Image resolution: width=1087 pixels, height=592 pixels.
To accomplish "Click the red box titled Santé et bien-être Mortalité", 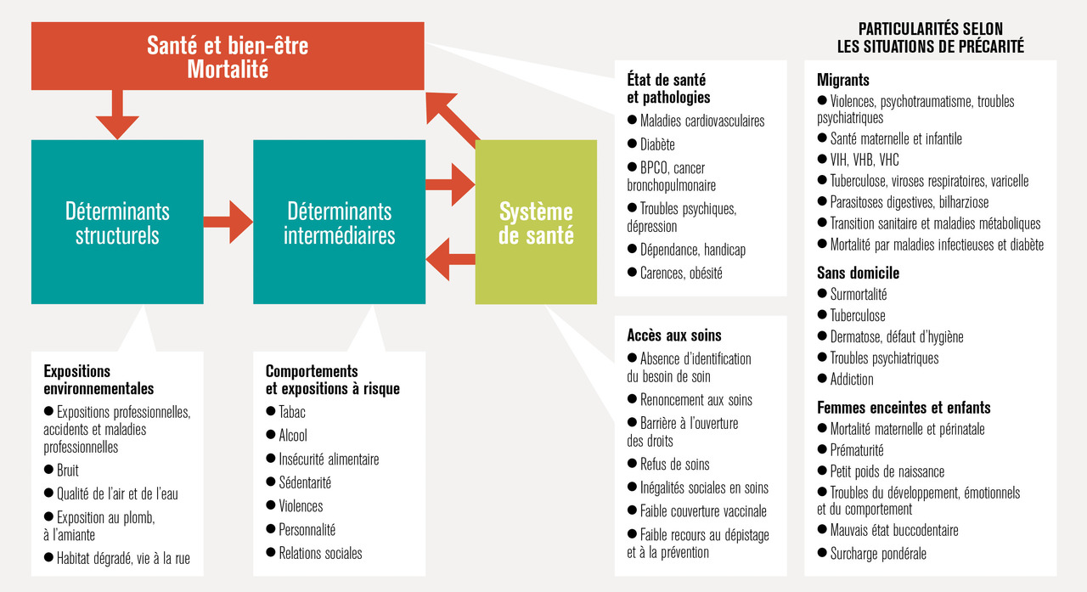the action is point(228,56).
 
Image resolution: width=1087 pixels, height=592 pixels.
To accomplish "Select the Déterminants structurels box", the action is point(117,222).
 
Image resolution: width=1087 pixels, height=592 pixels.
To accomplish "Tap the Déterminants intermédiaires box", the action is point(339,222).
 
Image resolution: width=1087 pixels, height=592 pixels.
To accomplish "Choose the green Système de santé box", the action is point(536,222).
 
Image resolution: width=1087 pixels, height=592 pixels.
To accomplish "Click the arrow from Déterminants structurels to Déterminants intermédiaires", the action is point(228,223).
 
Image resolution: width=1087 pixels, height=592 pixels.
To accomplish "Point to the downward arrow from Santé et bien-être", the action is point(117,115).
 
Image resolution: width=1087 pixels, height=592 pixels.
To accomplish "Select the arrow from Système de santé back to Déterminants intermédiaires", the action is point(450,260).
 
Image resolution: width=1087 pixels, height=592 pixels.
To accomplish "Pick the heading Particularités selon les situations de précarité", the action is point(930,38).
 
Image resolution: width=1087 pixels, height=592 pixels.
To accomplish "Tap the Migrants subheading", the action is point(843,80).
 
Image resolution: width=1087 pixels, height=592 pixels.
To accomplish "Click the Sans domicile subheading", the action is point(858,273).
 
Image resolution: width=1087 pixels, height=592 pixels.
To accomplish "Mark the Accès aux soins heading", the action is point(674,335).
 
